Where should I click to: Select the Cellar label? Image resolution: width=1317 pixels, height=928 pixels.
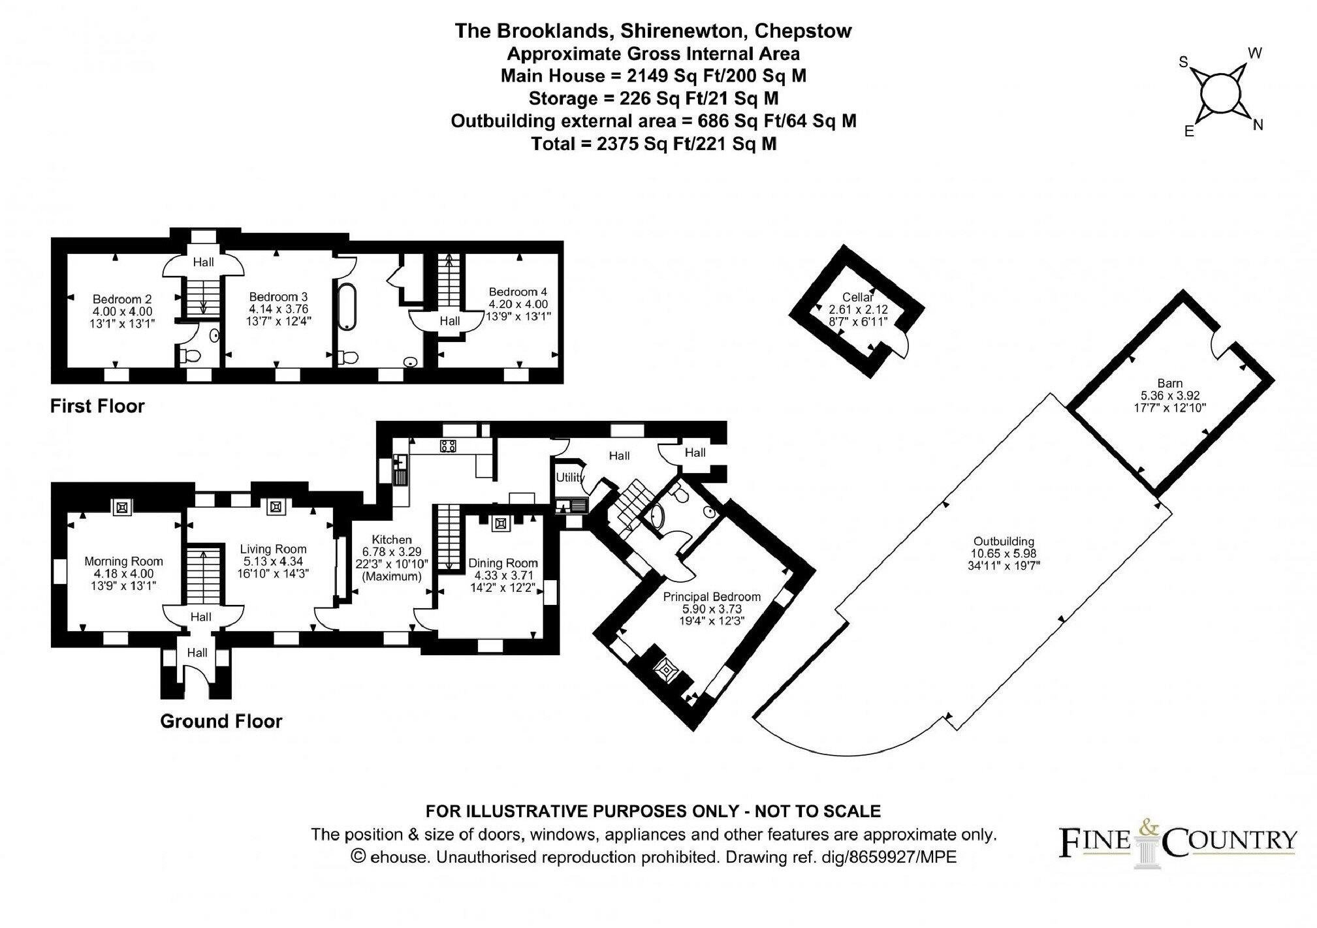[x=857, y=297]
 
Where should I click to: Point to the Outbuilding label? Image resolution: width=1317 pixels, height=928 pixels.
[x=1004, y=541]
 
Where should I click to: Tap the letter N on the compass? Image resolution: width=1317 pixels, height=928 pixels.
[x=1258, y=126]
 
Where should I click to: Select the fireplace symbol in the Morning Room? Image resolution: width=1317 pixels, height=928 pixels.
[x=123, y=507]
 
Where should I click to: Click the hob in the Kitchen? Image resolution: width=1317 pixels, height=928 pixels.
[x=448, y=446]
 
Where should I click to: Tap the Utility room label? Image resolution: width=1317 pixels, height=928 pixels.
[x=569, y=478]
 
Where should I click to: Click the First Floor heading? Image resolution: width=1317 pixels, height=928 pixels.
[x=97, y=406]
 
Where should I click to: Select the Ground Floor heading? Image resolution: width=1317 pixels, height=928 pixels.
[x=221, y=721]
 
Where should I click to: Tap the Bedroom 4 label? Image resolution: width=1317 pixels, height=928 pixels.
[x=518, y=292]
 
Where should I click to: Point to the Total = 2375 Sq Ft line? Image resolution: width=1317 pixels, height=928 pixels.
[x=654, y=144]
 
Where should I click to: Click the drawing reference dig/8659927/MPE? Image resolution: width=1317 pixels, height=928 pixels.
[x=902, y=857]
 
